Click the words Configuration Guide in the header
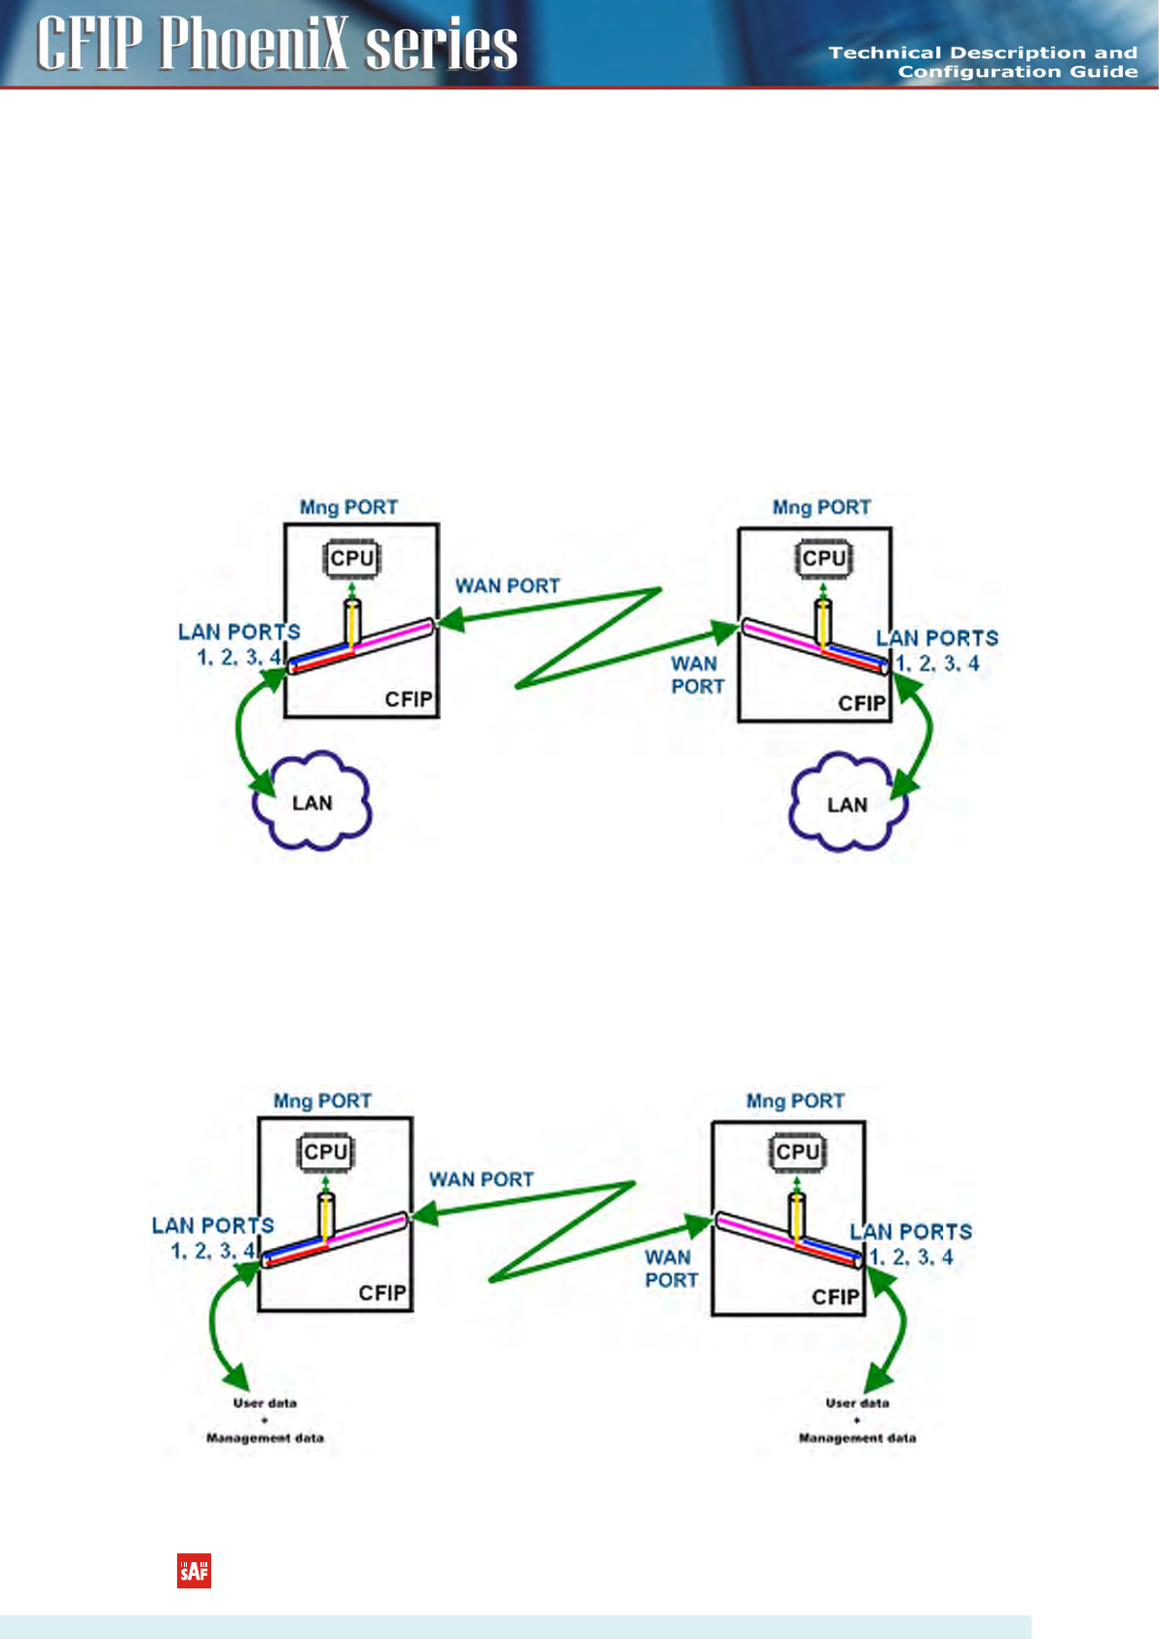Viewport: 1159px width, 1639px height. tap(1017, 72)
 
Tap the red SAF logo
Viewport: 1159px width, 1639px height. tap(194, 1571)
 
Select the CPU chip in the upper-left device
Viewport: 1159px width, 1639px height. tap(351, 559)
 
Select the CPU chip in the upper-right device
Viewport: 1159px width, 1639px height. tap(823, 559)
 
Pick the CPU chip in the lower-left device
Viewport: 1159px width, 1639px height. tap(325, 1152)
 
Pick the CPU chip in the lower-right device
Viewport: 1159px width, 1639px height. tap(797, 1152)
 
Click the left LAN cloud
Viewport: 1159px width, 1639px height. tap(312, 802)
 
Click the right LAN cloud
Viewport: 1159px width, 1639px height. tap(847, 804)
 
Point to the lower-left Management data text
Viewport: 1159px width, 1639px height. tap(265, 1438)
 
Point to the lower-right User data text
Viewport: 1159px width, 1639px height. tap(857, 1402)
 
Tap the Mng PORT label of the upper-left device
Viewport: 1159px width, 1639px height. tap(348, 507)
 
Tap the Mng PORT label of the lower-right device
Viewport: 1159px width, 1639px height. tap(795, 1101)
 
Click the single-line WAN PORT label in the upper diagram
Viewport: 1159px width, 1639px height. tap(508, 586)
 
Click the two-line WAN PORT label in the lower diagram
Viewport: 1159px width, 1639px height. tap(670, 1269)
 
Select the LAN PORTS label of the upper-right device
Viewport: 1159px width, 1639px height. tap(937, 638)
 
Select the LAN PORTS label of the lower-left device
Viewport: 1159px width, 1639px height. tap(212, 1225)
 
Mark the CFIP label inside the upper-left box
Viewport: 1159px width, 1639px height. tap(409, 700)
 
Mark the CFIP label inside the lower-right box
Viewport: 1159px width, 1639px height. tap(836, 1297)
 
